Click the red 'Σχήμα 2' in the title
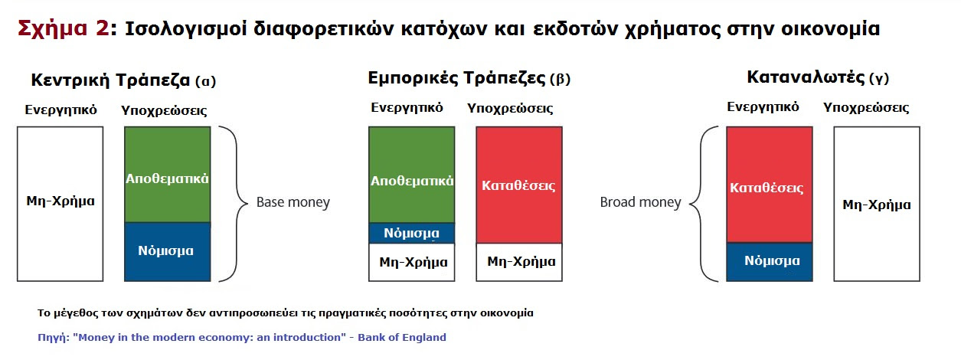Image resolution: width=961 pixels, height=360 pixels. pos(64,29)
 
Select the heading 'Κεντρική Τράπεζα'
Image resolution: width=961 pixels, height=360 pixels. pos(110,80)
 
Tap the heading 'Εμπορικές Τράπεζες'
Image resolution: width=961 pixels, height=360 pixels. pos(456,79)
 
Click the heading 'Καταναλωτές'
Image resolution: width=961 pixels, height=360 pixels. pos(806,77)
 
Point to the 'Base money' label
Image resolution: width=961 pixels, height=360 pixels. pos(293,202)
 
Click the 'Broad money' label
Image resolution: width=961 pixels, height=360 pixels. pos(640,202)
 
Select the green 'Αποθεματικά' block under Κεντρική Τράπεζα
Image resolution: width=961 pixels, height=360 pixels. pos(168,174)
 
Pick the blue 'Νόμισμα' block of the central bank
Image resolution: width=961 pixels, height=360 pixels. pos(168,252)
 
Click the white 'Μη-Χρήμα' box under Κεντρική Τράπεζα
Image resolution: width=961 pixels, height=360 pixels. pos(60,204)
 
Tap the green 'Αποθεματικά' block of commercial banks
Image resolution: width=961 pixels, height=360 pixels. pos(411,175)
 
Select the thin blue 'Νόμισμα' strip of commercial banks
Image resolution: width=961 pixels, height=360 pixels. pos(411,233)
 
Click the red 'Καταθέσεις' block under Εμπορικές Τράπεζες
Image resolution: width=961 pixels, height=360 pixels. pos(519,185)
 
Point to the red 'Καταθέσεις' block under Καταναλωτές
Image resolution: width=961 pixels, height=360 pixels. pos(770,185)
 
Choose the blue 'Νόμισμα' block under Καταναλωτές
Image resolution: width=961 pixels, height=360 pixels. pos(770,262)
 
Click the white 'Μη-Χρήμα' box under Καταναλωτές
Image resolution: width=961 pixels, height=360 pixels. pos(877,204)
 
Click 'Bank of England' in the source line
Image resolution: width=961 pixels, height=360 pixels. pos(402,337)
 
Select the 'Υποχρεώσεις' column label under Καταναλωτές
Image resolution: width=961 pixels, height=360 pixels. pos(866,108)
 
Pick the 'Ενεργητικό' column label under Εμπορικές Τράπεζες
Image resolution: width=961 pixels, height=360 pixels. pos(407,107)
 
